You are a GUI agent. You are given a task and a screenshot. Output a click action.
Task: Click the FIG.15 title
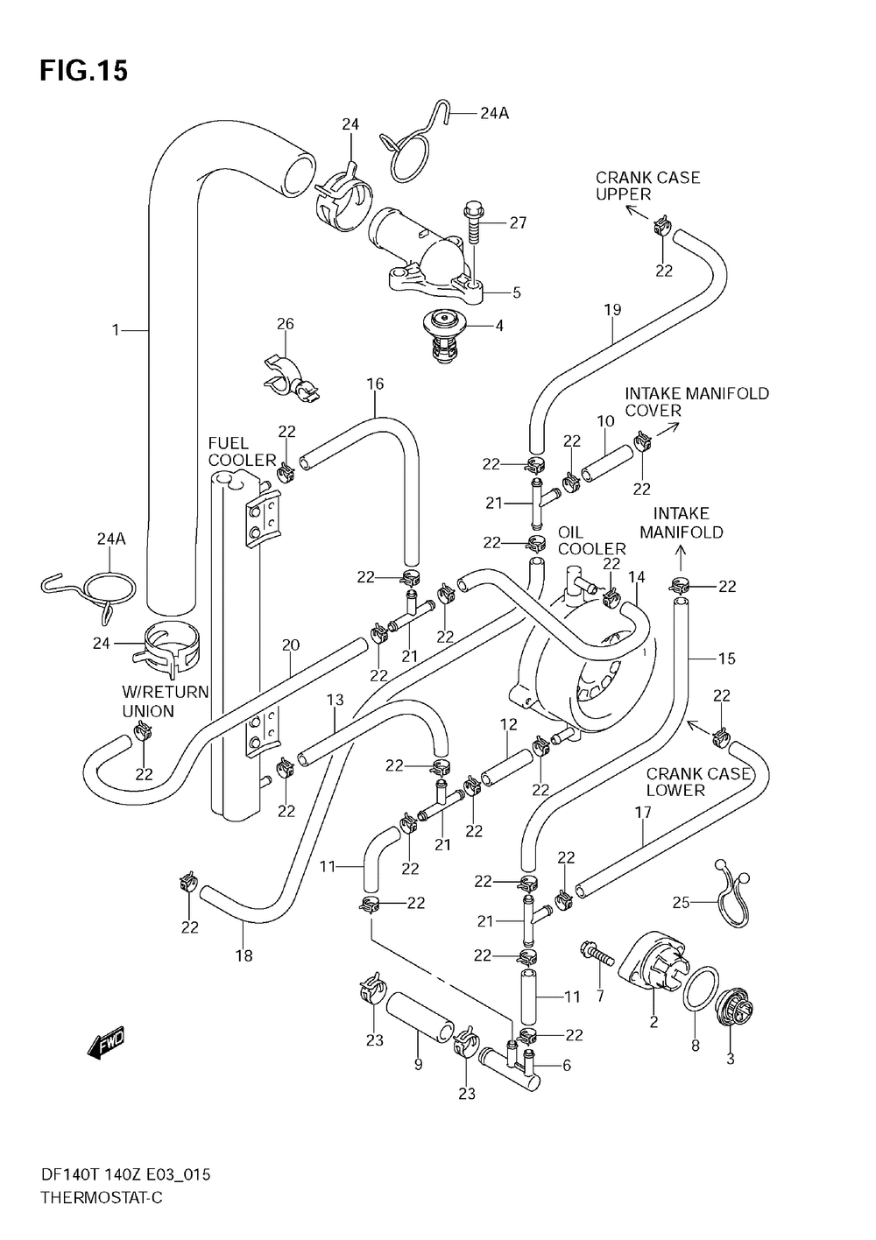pyautogui.click(x=83, y=71)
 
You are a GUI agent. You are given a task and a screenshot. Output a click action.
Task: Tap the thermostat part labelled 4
pyautogui.click(x=440, y=334)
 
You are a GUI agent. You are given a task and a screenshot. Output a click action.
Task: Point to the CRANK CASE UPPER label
pyautogui.click(x=647, y=186)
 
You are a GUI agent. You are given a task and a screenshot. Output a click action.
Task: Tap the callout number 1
pyautogui.click(x=115, y=330)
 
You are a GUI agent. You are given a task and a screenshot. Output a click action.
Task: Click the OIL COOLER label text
pyautogui.click(x=591, y=540)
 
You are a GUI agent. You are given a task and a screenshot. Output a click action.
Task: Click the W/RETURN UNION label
pyautogui.click(x=165, y=701)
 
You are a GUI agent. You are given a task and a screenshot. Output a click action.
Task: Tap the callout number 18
pyautogui.click(x=244, y=955)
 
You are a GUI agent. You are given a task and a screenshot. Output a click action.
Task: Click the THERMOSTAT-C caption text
pyautogui.click(x=102, y=1197)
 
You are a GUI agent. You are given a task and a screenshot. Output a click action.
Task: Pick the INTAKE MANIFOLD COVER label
pyautogui.click(x=696, y=402)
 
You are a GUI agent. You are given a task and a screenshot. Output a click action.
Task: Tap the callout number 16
pyautogui.click(x=375, y=384)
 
